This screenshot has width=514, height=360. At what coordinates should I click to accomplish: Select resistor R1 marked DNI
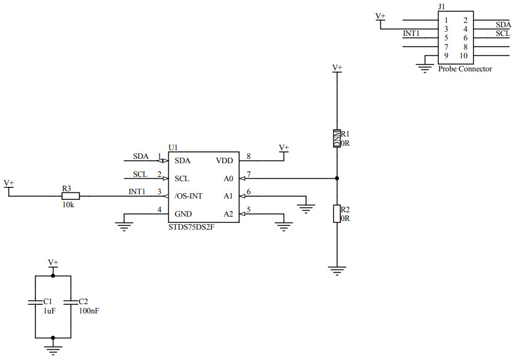pyautogui.click(x=337, y=138)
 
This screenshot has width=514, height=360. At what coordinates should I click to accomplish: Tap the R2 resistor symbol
pyautogui.click(x=337, y=214)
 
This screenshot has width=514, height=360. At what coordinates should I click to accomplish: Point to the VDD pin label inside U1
pyautogui.click(x=224, y=160)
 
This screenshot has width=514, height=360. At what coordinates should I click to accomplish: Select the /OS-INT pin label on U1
pyautogui.click(x=189, y=196)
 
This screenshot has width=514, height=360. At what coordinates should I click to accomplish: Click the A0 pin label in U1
pyautogui.click(x=228, y=178)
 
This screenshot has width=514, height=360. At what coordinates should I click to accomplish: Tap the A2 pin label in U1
pyautogui.click(x=228, y=214)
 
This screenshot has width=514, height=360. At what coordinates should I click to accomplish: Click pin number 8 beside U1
pyautogui.click(x=248, y=156)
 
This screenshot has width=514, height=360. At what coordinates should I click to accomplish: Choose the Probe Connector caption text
pyautogui.click(x=465, y=69)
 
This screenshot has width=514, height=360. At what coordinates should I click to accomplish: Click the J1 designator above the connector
pyautogui.click(x=441, y=6)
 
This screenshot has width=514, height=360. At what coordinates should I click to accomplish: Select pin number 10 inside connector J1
pyautogui.click(x=463, y=56)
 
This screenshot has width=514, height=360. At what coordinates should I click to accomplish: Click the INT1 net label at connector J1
pyautogui.click(x=412, y=34)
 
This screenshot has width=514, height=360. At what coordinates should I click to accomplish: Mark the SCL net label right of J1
pyautogui.click(x=503, y=34)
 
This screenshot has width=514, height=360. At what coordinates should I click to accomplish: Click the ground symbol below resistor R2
pyautogui.click(x=337, y=270)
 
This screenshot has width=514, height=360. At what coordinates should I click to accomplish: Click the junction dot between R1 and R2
pyautogui.click(x=337, y=178)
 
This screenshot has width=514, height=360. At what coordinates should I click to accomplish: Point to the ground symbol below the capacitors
pyautogui.click(x=53, y=349)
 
